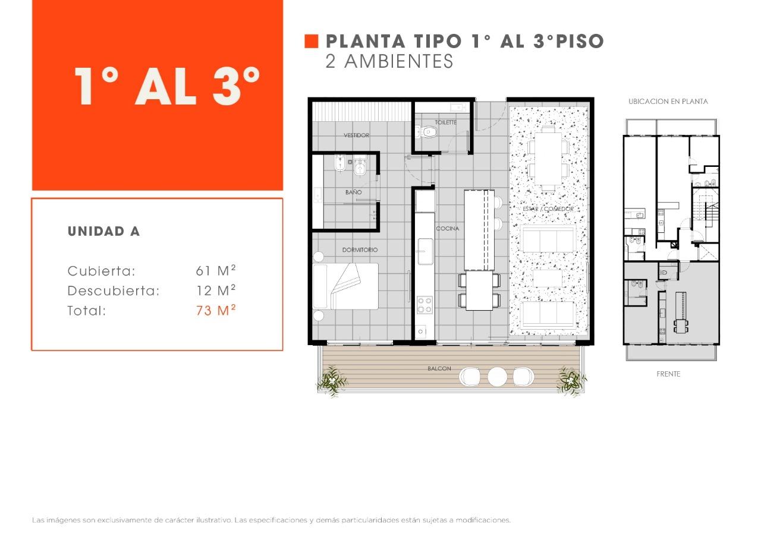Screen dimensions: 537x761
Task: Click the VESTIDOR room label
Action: pos(356,135)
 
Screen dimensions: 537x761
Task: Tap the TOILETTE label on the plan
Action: pos(445,122)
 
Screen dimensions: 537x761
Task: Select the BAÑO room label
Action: pos(353,192)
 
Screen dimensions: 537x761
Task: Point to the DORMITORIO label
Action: pos(360,250)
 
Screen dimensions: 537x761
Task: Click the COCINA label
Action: pos(447,229)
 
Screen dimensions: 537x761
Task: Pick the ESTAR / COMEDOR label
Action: pos(548,209)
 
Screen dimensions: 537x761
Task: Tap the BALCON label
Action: pos(439,369)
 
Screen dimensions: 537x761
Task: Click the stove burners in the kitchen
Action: pos(424,305)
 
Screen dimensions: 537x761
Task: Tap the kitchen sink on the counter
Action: pos(425,251)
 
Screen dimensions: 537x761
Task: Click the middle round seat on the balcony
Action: pos(497,376)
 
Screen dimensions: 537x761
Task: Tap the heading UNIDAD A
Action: pos(104,232)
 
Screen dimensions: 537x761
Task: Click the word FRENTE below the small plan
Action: pos(668,374)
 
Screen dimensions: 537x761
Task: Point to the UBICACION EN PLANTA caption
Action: pos(668,102)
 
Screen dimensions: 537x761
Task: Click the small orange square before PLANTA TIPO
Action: pos(312,41)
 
